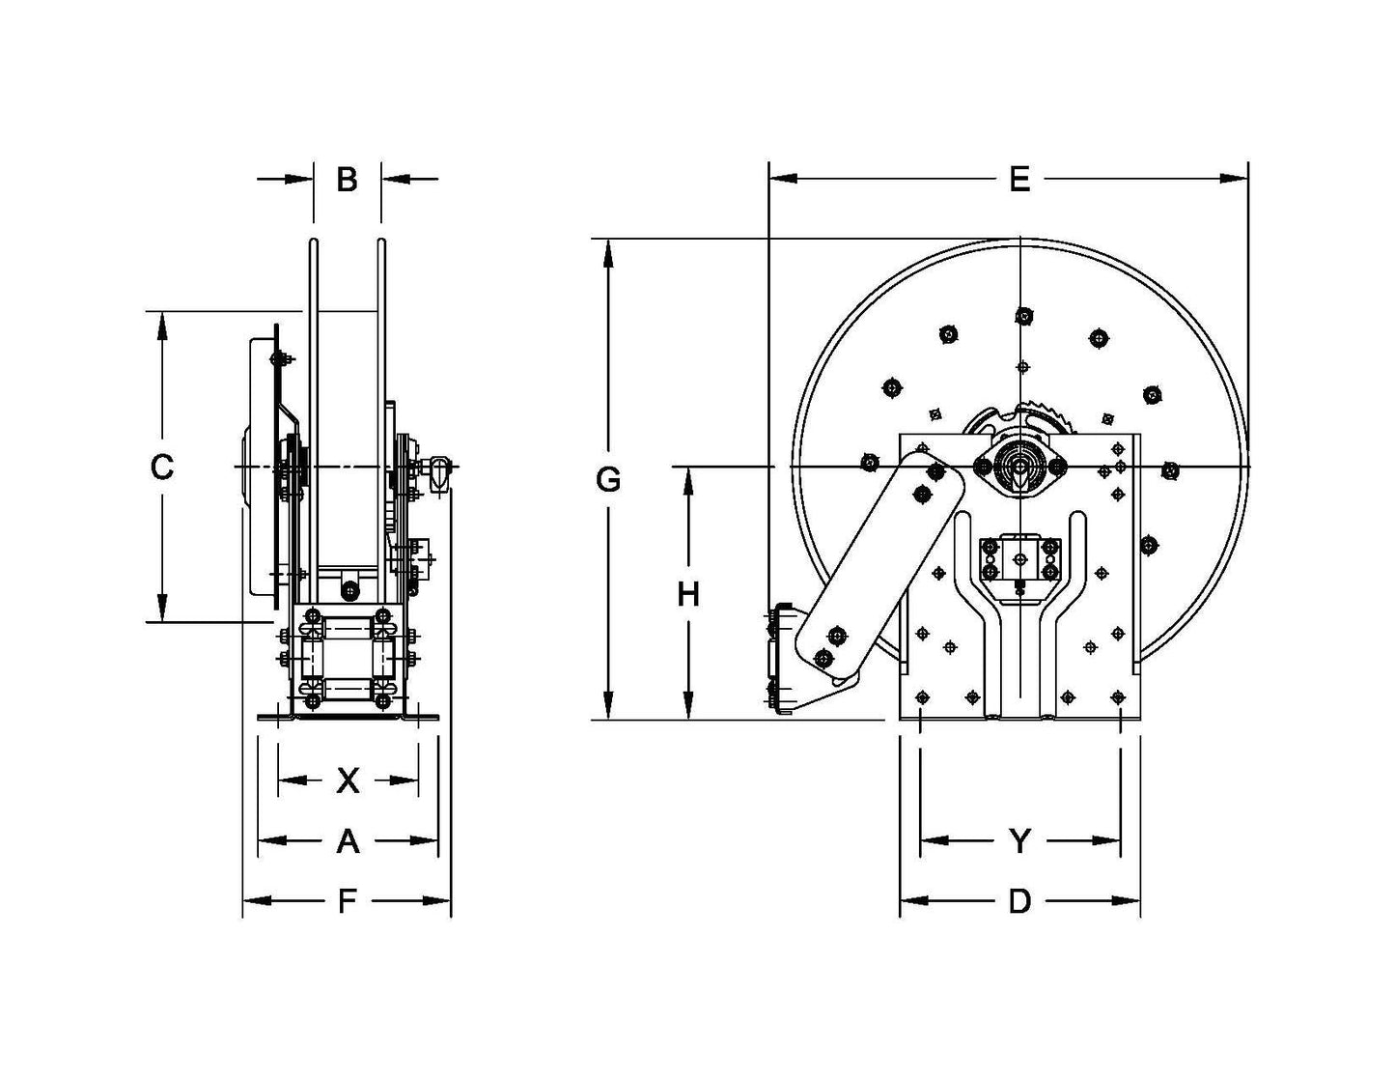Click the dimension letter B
click(347, 180)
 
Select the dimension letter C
click(161, 468)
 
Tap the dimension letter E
click(1019, 180)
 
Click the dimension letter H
click(687, 595)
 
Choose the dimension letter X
click(348, 781)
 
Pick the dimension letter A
click(348, 841)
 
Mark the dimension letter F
click(347, 902)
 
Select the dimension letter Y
click(1019, 841)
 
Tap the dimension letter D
click(1019, 902)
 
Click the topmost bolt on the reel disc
click(1022, 315)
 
